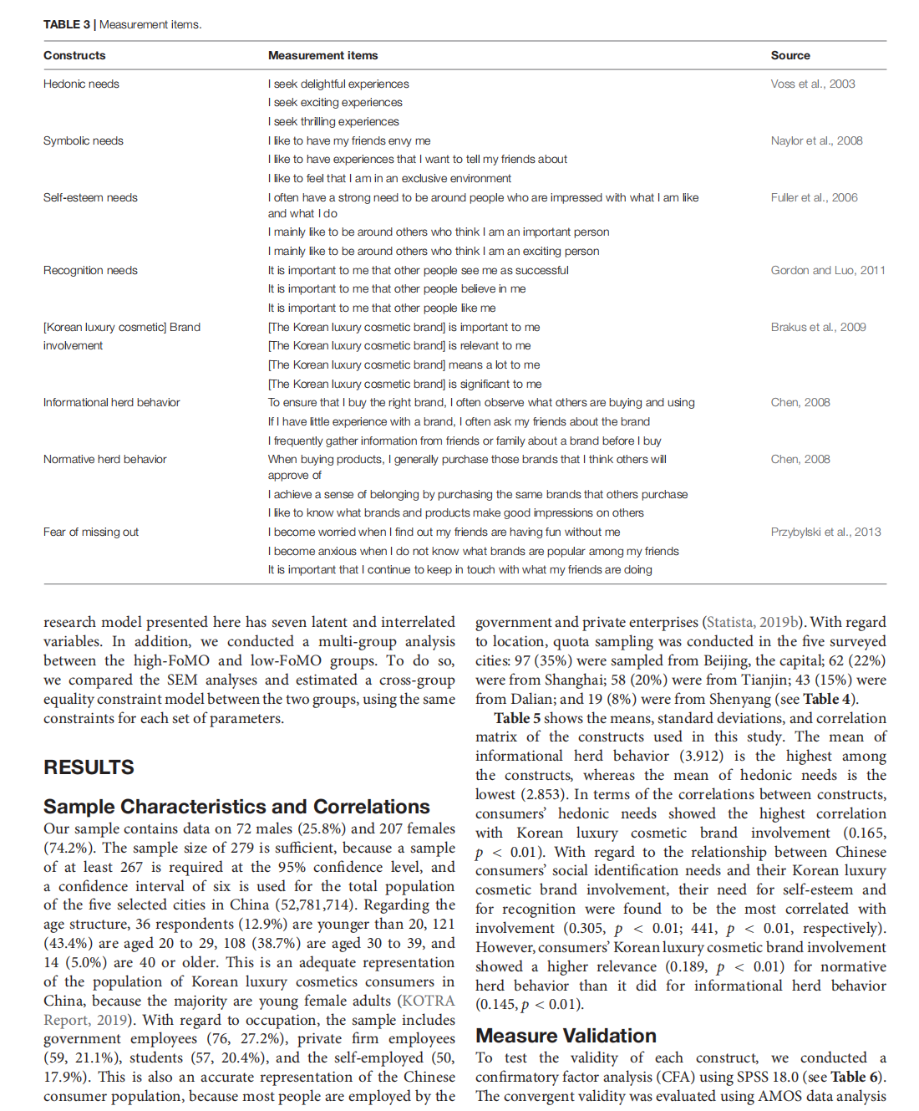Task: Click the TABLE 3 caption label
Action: coord(67,24)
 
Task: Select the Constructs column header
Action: coord(74,55)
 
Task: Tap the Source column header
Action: coord(790,55)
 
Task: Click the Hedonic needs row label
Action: coord(81,84)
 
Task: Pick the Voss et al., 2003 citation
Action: coord(812,84)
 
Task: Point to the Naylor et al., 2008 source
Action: coord(816,140)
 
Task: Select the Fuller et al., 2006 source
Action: coord(814,197)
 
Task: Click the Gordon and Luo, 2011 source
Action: coord(827,270)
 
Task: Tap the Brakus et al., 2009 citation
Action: coord(818,327)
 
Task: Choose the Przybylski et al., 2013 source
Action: coord(825,532)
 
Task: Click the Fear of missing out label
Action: coord(91,532)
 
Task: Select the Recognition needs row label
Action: coord(90,270)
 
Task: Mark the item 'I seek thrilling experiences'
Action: coord(333,121)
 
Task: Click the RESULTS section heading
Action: coord(89,767)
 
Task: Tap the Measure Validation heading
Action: coord(566,1036)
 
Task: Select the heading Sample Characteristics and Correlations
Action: coord(236,807)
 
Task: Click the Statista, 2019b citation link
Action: coord(752,622)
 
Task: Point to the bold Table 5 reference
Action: coord(516,718)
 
